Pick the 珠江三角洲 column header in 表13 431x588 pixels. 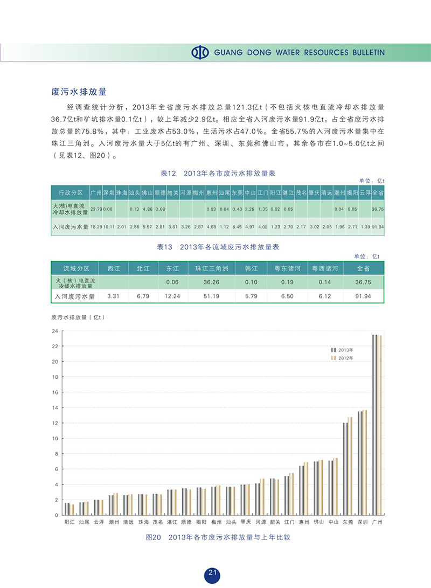212,268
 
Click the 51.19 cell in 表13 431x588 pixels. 212,296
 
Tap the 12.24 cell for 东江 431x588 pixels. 172,296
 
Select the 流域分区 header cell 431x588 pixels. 75,268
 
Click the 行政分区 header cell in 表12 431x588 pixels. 70,192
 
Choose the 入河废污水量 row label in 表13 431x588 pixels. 75,296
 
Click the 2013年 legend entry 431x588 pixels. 342,350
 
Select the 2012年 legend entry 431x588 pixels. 342,358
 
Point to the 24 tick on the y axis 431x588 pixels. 54,331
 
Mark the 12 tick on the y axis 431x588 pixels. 54,423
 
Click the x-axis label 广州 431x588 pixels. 377,522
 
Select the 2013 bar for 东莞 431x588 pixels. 345,469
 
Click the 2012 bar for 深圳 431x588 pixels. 364,462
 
